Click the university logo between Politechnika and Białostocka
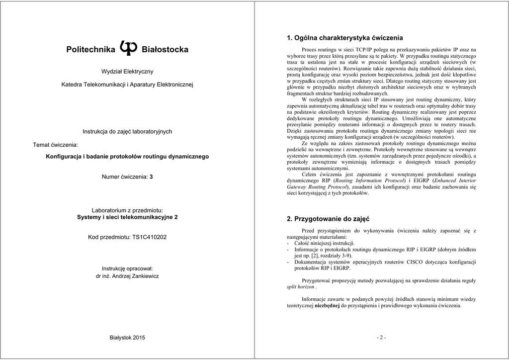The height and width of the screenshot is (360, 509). coord(128,48)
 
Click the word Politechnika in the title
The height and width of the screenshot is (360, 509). coord(90,50)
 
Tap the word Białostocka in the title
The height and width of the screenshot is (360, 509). coord(165,50)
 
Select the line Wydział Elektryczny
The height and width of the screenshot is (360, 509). coord(127,72)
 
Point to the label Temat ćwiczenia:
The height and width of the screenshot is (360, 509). coord(56,145)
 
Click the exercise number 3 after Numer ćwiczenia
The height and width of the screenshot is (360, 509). coord(151,177)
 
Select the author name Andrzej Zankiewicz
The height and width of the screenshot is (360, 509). coord(135,276)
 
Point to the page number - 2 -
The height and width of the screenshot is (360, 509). coord(381,338)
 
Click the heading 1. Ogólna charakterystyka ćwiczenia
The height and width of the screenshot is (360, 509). coord(345,38)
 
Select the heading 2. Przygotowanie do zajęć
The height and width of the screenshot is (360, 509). coord(328,219)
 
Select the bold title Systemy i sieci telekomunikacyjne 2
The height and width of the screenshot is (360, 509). coord(127,217)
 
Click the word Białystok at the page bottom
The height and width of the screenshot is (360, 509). coord(120,338)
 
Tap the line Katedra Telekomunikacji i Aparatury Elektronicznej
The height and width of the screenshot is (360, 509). coord(127,85)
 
